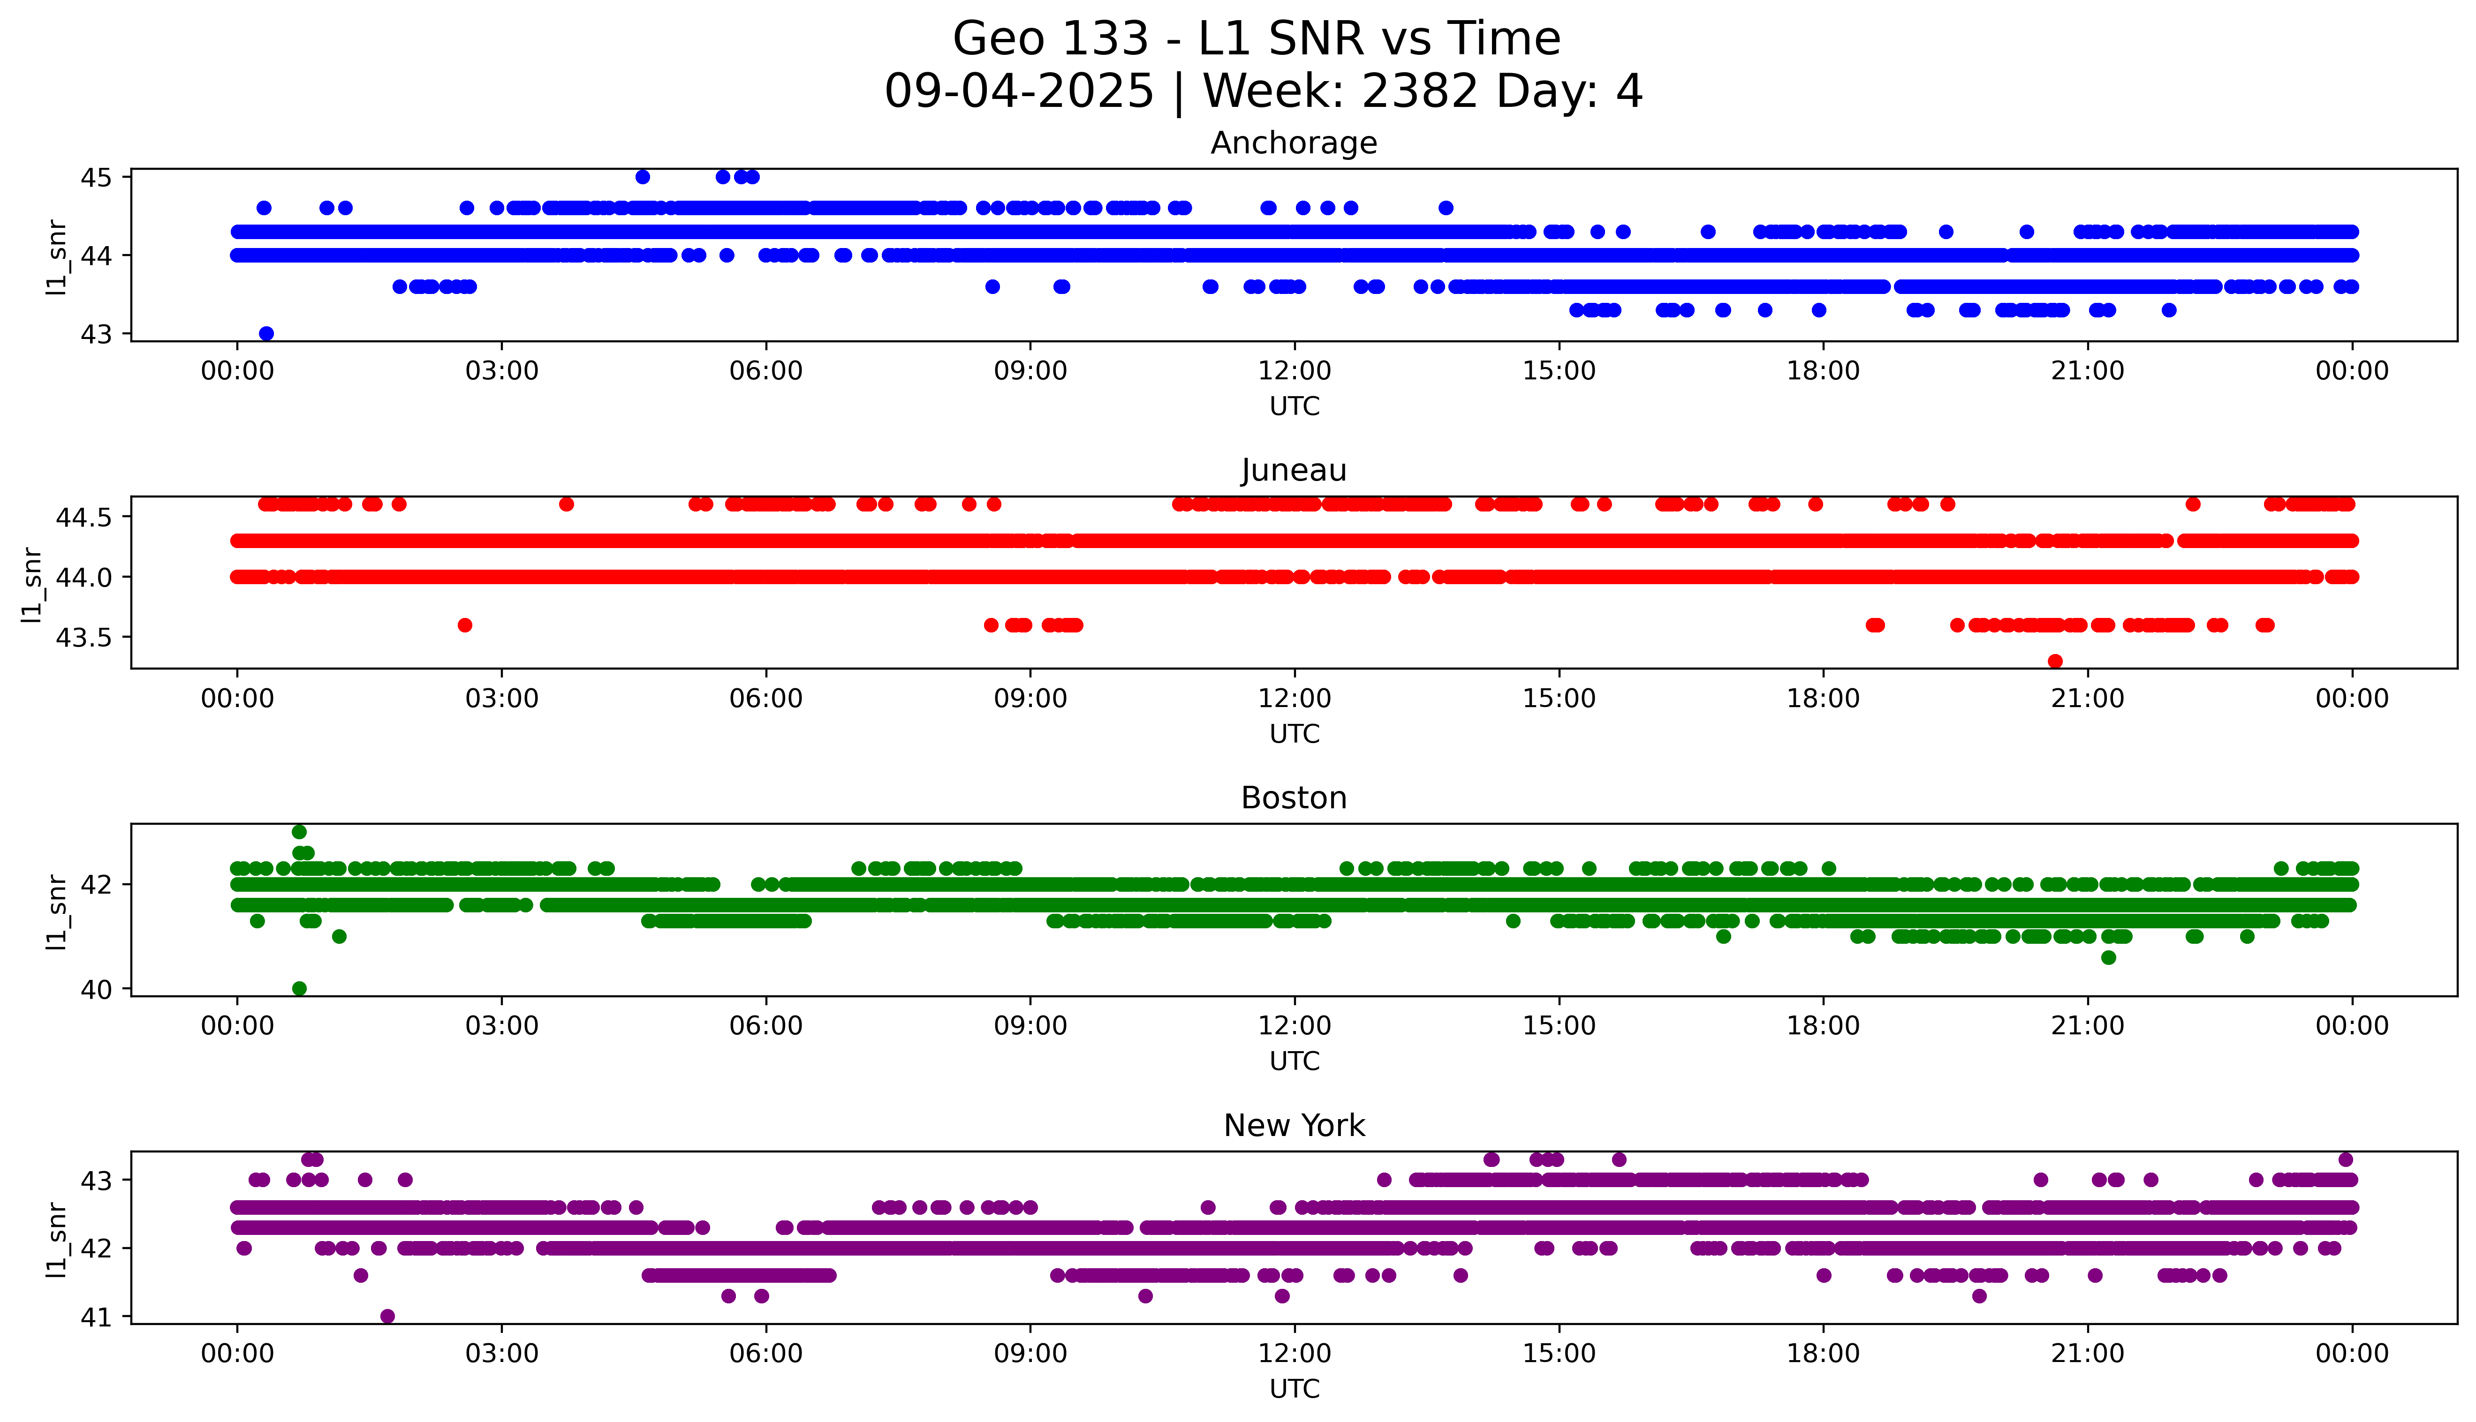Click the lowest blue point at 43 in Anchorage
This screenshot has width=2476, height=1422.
pyautogui.click(x=265, y=333)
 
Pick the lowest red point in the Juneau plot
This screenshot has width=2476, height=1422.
pyautogui.click(x=2055, y=661)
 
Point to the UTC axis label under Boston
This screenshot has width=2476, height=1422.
pyautogui.click(x=1294, y=1061)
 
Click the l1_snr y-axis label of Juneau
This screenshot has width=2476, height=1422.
pyautogui.click(x=32, y=584)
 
